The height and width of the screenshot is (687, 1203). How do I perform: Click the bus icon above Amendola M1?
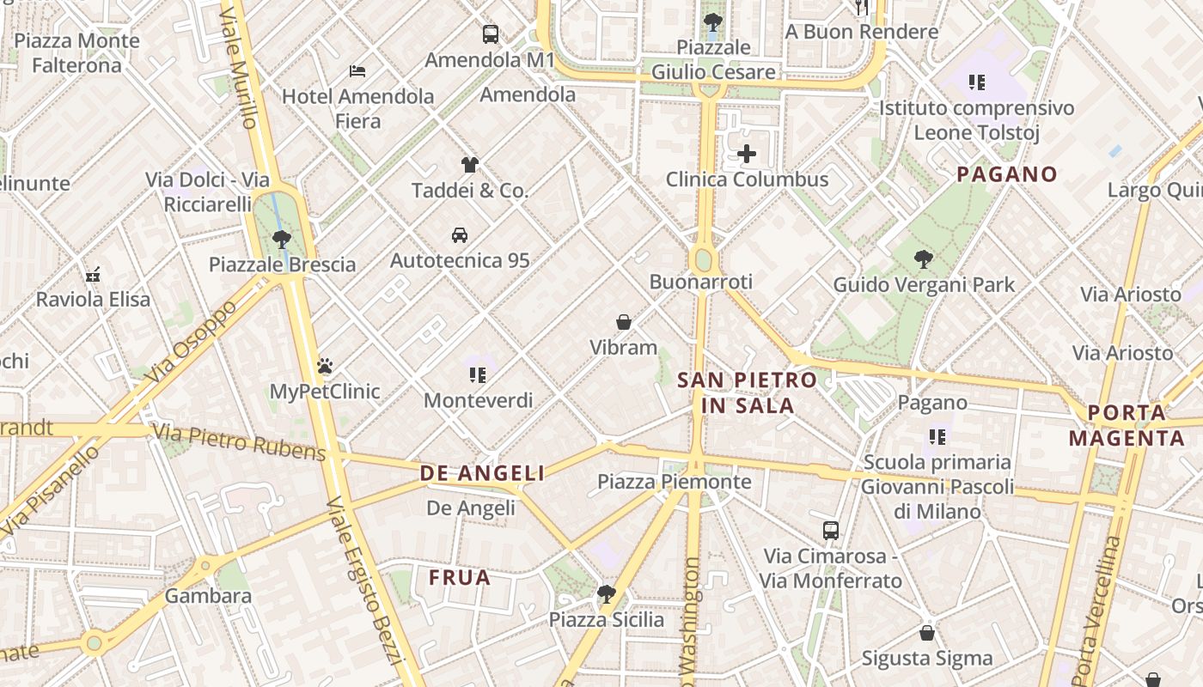point(490,34)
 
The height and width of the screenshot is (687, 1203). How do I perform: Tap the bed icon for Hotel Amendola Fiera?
point(357,70)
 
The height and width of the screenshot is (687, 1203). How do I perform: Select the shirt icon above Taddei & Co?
point(469,165)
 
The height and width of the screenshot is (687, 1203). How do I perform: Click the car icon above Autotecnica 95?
point(460,235)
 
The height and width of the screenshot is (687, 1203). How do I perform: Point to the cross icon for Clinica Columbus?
point(747,155)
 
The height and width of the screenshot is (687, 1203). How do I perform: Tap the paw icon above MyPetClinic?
point(325,367)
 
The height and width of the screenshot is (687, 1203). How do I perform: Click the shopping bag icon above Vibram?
point(624,323)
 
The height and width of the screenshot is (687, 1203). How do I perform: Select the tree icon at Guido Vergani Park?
point(924,258)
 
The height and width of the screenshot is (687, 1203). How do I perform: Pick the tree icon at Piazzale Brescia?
point(281,240)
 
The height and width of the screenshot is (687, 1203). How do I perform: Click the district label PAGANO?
point(1006,174)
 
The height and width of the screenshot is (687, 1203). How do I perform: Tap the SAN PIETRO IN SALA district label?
point(747,392)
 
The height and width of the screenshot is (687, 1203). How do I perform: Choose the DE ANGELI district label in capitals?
point(482,473)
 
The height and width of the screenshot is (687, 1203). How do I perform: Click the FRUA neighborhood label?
point(460,578)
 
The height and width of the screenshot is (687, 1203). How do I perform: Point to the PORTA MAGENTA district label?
point(1126,426)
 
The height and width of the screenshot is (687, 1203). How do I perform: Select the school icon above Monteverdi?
point(478,375)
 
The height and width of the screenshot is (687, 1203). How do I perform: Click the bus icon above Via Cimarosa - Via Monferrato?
point(830,531)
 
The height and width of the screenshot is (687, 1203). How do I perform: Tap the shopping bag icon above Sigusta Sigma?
point(926,634)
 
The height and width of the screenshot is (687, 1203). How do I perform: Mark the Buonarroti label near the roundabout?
point(700,282)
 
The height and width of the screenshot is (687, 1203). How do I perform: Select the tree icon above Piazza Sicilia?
point(607,594)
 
